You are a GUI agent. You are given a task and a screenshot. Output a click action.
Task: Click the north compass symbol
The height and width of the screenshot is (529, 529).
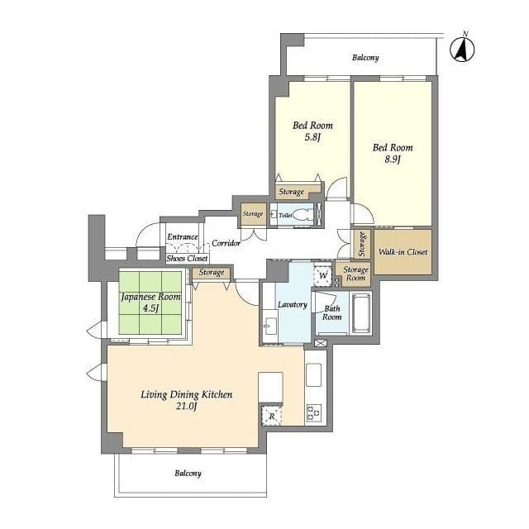[463, 50]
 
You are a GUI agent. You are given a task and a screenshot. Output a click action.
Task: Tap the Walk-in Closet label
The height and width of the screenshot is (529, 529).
[403, 251]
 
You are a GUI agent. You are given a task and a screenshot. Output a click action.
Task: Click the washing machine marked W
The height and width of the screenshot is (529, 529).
[323, 275]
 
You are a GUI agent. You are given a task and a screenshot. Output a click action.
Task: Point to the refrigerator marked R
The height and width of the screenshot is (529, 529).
[272, 416]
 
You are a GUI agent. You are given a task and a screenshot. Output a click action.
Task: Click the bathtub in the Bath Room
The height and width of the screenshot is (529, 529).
[360, 312]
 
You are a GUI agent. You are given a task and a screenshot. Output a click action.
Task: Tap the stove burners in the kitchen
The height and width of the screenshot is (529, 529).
[314, 413]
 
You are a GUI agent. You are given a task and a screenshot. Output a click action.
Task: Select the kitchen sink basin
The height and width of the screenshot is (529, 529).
[313, 374]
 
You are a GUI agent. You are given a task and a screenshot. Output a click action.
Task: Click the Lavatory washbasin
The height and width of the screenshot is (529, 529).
[270, 325]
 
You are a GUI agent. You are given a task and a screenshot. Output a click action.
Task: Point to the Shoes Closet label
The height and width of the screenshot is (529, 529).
[187, 259]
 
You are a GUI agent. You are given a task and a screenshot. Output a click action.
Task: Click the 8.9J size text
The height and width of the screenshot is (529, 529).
[392, 160]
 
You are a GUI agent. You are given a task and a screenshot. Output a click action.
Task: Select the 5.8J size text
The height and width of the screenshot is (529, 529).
[312, 137]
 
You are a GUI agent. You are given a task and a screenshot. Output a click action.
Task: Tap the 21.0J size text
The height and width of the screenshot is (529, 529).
[186, 406]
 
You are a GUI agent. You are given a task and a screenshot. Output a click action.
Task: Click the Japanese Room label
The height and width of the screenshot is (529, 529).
[150, 297]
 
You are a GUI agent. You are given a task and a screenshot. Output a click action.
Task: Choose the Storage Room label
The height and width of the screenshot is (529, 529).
[355, 274]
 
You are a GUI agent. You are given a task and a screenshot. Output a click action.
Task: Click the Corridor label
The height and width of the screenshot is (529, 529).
[226, 243]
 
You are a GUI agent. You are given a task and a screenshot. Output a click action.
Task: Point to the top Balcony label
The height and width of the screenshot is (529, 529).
[365, 58]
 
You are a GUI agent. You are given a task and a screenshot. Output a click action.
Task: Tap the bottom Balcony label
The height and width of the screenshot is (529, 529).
[188, 474]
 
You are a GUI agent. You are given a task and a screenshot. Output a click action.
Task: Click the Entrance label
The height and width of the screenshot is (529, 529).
[183, 237]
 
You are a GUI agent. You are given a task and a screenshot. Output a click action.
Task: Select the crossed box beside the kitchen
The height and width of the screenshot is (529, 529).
[320, 344]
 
